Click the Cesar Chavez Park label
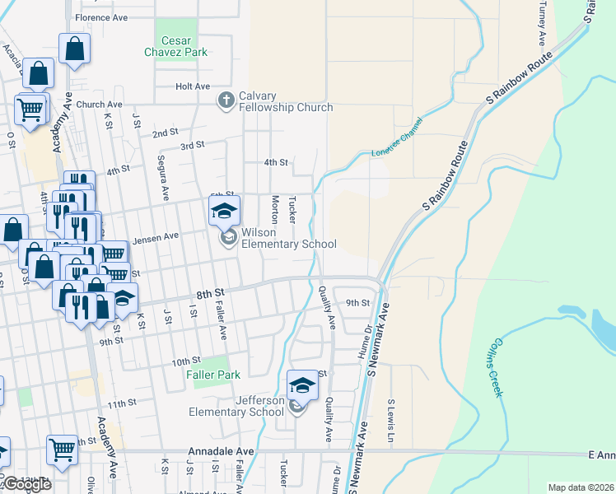(176, 47)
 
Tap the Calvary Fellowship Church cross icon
(226, 100)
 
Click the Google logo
(26, 484)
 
